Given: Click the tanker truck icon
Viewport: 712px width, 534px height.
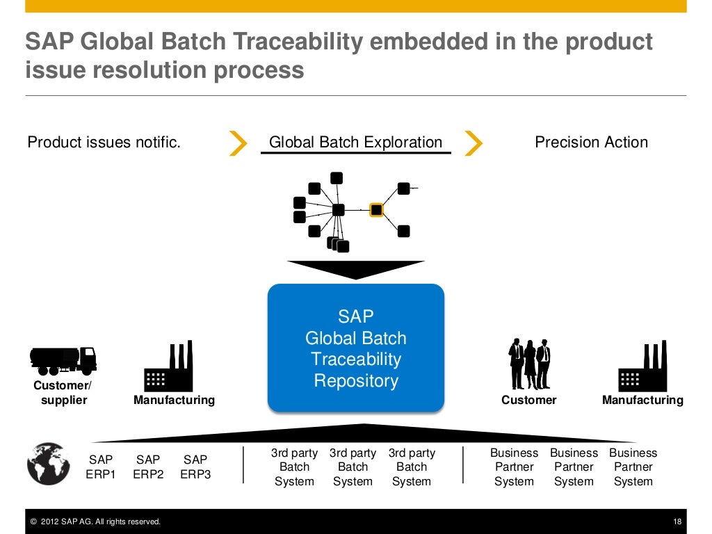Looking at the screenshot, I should pos(63,359).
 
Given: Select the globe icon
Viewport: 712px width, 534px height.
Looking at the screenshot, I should pos(48,464).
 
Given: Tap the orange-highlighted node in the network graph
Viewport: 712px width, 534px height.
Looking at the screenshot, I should pos(376,209).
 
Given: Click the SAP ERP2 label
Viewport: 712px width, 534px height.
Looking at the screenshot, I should pos(148,467).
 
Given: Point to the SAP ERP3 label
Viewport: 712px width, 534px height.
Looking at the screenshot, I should pos(195,467).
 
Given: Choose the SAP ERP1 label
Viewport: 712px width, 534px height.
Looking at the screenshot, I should pos(101,467).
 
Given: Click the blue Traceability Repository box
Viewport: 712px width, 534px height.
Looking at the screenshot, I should pos(355,348).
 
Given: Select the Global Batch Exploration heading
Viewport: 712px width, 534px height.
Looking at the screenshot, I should pos(355,143).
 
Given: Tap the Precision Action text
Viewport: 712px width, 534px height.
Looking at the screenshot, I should pos(591,143).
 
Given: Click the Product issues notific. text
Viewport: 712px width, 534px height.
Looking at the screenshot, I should pos(104,143).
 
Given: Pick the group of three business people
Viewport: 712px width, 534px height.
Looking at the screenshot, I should pos(529,364).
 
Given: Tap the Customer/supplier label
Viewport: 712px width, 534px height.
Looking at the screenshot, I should pos(62,393).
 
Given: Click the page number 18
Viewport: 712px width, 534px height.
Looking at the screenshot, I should pos(677,521).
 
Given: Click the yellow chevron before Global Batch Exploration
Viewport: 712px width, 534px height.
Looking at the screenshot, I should pos(238,143).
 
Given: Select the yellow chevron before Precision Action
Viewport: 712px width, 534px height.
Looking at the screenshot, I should pos(473,143).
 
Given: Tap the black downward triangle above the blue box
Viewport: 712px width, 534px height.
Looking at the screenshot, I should pos(355,268).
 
